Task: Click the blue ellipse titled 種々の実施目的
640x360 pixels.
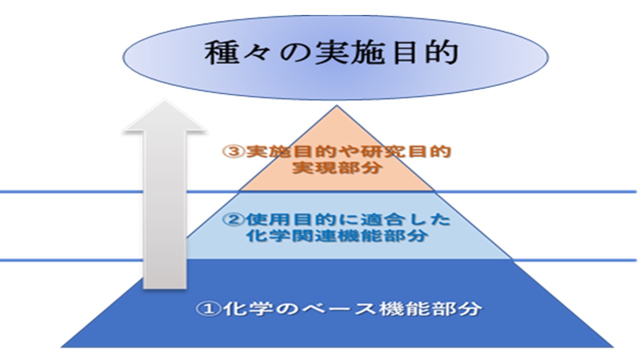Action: [335, 57]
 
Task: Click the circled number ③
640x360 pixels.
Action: [233, 151]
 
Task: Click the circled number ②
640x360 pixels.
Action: [233, 220]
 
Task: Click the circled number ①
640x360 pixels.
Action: [208, 309]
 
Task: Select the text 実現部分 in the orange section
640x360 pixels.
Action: [337, 167]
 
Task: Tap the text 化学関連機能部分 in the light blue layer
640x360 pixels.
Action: [337, 236]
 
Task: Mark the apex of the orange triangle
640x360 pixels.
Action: [336, 105]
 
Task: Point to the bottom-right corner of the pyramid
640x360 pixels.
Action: [613, 347]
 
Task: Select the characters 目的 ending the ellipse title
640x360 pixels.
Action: [425, 53]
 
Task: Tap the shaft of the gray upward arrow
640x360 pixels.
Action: [164, 210]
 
